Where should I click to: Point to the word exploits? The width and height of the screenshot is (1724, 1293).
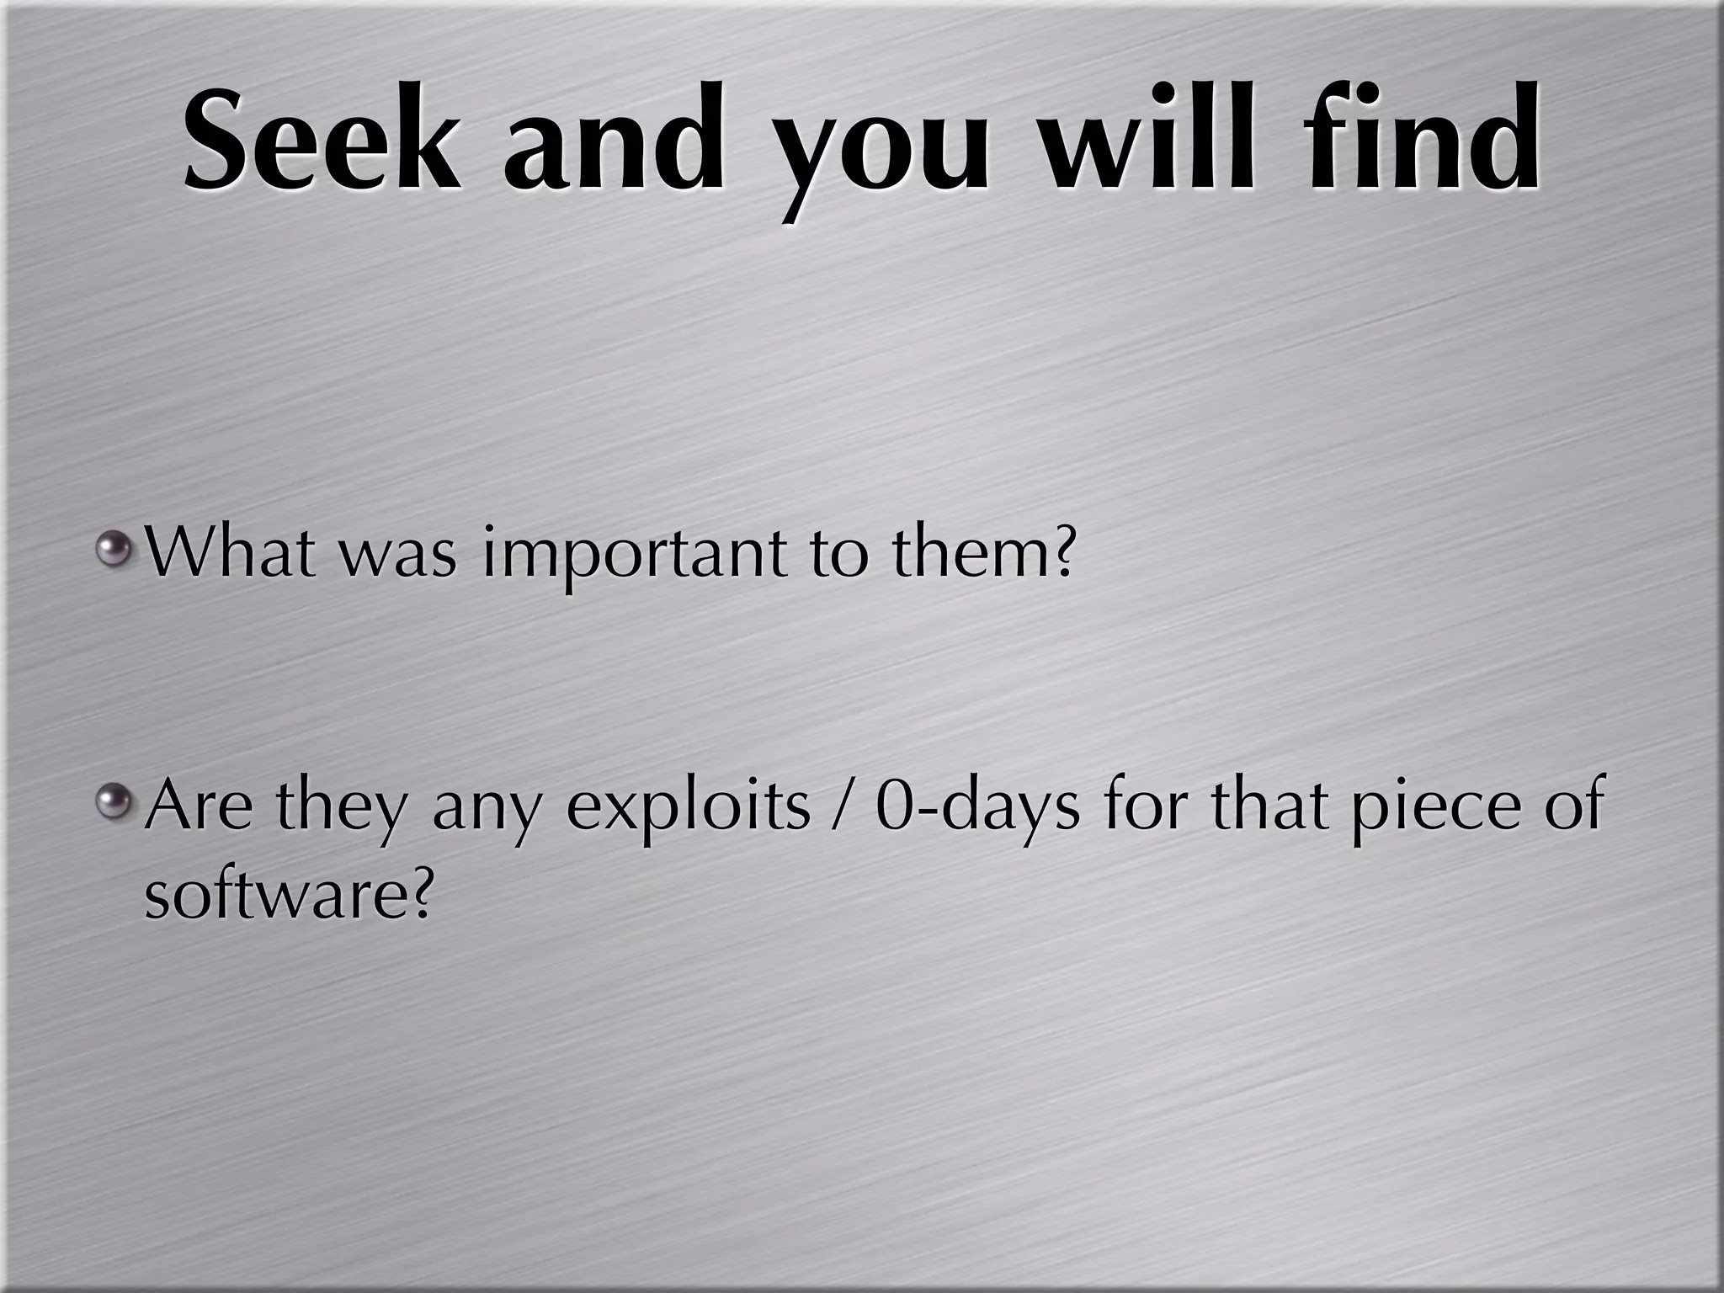tap(688, 808)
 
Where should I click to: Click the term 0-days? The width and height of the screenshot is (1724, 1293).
tap(976, 808)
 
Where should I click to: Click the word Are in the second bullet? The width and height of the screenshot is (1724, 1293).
tap(199, 804)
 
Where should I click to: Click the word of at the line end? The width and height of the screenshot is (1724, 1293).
tap(1572, 804)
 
